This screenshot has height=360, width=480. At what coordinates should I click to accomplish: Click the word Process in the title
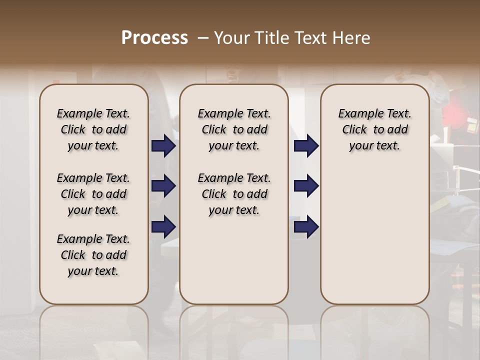pyautogui.click(x=154, y=37)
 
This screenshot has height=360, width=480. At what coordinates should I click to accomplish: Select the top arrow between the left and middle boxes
pyautogui.click(x=163, y=146)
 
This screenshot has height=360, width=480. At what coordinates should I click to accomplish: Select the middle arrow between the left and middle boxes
pyautogui.click(x=163, y=186)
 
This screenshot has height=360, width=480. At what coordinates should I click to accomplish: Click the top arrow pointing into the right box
pyautogui.click(x=306, y=146)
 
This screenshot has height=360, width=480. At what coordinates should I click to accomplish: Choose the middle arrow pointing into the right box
pyautogui.click(x=306, y=186)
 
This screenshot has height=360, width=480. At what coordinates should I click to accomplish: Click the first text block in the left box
pyautogui.click(x=93, y=129)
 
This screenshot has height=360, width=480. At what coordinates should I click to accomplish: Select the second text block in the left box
pyautogui.click(x=93, y=194)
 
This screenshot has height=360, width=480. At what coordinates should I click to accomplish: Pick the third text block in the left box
pyautogui.click(x=93, y=255)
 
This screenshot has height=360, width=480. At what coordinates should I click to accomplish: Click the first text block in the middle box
pyautogui.click(x=234, y=129)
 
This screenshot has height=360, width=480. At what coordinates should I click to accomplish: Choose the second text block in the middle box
pyautogui.click(x=234, y=194)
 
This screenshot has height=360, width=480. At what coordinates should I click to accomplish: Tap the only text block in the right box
pyautogui.click(x=374, y=129)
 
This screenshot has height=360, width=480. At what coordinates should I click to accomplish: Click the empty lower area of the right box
pyautogui.click(x=374, y=235)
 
